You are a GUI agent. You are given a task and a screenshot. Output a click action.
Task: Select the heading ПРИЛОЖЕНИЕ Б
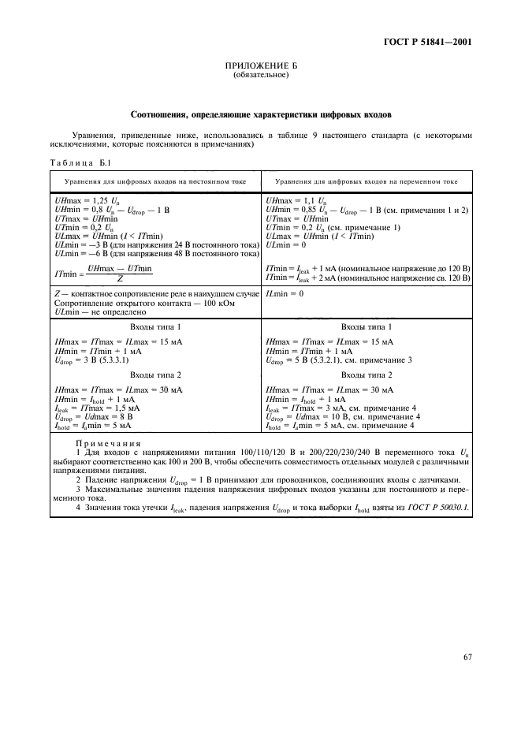pyautogui.click(x=260, y=67)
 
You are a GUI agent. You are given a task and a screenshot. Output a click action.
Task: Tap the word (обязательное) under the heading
pyautogui.click(x=260, y=76)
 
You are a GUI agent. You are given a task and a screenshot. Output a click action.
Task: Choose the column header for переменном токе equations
pyautogui.click(x=367, y=181)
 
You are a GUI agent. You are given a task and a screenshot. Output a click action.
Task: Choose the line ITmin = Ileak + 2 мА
pyautogui.click(x=367, y=278)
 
